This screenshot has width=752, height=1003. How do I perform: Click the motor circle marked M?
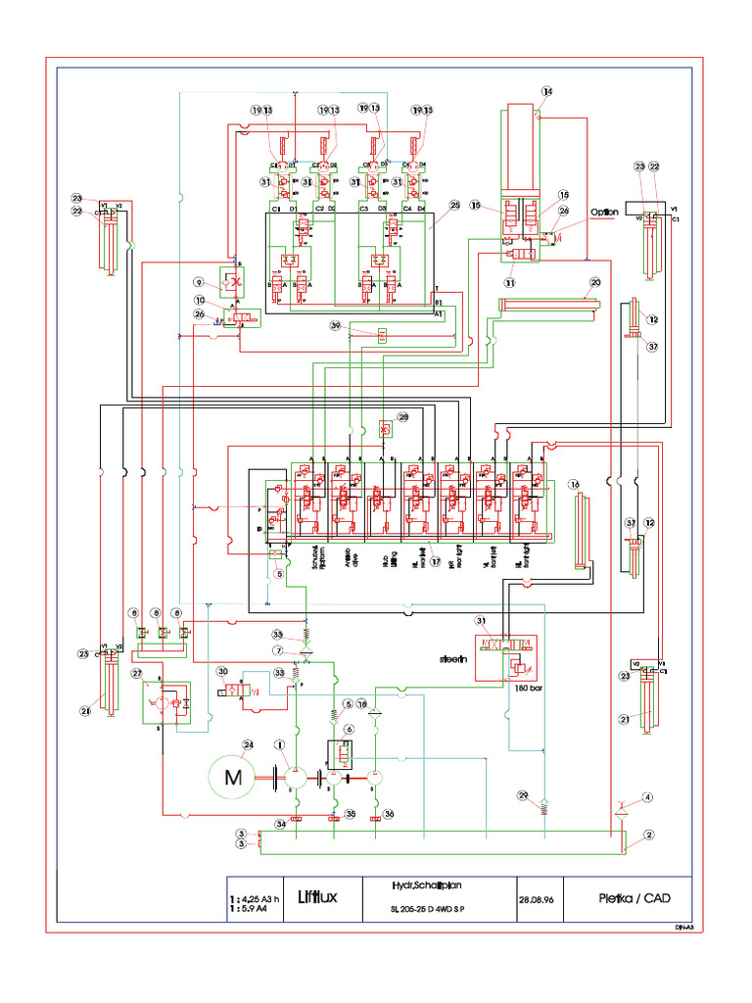(x=233, y=779)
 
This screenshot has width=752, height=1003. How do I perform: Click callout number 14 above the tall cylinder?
(x=546, y=92)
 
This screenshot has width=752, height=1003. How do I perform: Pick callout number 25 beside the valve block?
(x=453, y=206)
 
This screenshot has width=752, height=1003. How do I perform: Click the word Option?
(x=606, y=212)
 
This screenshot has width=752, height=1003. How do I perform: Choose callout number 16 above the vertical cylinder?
(x=575, y=483)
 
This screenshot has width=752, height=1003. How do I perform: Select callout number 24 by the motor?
(x=248, y=744)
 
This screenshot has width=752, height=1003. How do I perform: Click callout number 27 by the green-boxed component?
(x=137, y=673)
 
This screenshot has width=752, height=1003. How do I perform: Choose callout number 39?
(x=335, y=325)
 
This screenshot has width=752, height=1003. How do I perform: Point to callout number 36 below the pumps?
(x=389, y=813)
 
